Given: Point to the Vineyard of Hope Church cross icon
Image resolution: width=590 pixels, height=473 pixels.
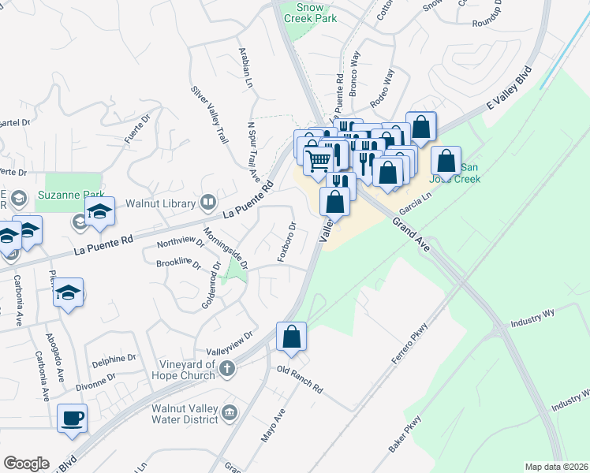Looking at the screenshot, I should point(226,367).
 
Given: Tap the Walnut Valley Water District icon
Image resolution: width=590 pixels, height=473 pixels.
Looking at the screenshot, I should point(230,412).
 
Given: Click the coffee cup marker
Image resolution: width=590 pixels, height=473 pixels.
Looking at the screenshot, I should point(73,419).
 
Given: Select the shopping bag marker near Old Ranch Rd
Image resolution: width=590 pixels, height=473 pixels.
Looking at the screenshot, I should point(292,337).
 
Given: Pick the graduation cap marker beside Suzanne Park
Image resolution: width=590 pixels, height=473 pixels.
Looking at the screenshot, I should point(100,211).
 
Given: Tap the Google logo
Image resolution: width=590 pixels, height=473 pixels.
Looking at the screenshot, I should point(26,463).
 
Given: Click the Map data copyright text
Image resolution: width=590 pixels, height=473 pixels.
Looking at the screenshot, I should point(556,467).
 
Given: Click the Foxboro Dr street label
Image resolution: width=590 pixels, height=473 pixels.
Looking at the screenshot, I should point(286,242).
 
